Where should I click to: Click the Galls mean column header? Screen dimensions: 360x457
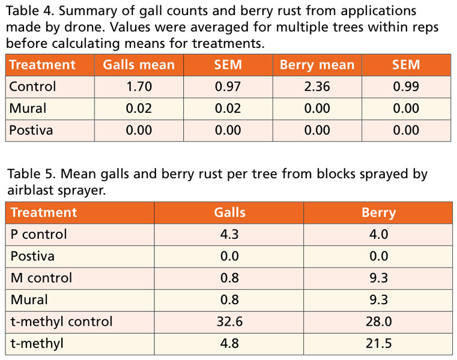click(x=139, y=65)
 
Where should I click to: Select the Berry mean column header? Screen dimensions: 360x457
click(x=317, y=65)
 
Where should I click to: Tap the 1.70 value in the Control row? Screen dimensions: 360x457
click(x=139, y=86)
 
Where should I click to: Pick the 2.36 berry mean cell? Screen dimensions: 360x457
click(x=317, y=86)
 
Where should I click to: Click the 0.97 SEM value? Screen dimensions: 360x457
click(x=228, y=86)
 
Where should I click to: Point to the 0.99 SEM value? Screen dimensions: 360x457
click(x=406, y=86)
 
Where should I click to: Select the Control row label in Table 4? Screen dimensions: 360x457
click(x=32, y=86)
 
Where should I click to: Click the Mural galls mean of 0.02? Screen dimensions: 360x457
click(x=139, y=108)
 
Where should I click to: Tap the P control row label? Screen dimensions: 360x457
click(x=38, y=234)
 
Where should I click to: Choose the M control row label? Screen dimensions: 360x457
click(x=41, y=278)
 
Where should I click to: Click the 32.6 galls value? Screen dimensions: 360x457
click(x=229, y=322)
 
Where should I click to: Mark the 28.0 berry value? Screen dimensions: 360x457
click(x=378, y=322)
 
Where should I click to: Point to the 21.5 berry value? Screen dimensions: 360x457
click(x=378, y=344)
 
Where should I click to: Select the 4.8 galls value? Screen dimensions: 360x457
click(x=229, y=344)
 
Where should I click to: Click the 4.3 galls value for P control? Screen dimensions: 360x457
click(x=229, y=234)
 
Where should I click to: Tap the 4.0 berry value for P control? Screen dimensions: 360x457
click(x=378, y=234)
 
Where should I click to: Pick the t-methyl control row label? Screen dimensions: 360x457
click(x=61, y=322)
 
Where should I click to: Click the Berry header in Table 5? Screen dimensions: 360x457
click(x=378, y=212)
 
